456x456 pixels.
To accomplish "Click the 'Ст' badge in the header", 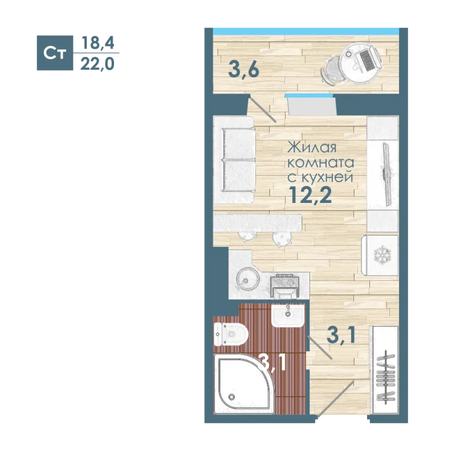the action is [55, 53].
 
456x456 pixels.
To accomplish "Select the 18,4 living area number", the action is [98, 43].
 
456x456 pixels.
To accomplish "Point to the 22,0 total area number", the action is [97, 64].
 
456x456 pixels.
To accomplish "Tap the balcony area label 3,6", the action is [244, 70].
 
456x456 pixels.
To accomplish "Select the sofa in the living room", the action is [234, 160].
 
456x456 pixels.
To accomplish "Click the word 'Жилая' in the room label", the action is [312, 148].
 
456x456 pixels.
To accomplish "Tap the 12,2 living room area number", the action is [310, 195].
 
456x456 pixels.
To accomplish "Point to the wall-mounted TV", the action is [387, 174].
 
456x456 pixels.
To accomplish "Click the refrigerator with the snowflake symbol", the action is [380, 255].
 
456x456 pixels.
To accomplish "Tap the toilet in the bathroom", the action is [231, 334].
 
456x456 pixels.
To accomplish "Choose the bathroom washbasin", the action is [288, 316].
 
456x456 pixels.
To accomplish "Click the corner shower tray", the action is [244, 384].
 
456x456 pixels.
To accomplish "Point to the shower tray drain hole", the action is [232, 397].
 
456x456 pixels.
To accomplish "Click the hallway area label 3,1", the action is [341, 336].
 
